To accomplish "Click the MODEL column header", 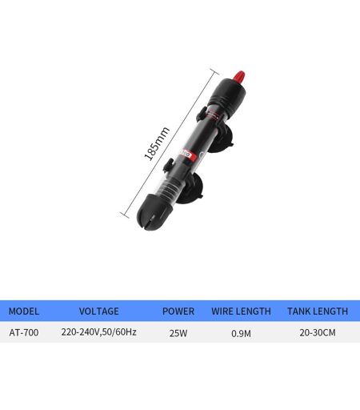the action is tap(24, 312).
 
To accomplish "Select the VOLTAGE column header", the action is tap(99, 312).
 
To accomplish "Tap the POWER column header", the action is tap(178, 312).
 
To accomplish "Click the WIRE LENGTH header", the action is tap(241, 312).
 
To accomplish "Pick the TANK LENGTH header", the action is tap(318, 312).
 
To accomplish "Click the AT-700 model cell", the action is tap(24, 332).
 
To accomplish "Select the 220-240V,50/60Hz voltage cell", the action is tap(98, 332).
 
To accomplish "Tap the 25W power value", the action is tap(178, 333).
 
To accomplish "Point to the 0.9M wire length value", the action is tap(241, 333).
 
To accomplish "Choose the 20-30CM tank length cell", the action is tap(318, 332).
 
